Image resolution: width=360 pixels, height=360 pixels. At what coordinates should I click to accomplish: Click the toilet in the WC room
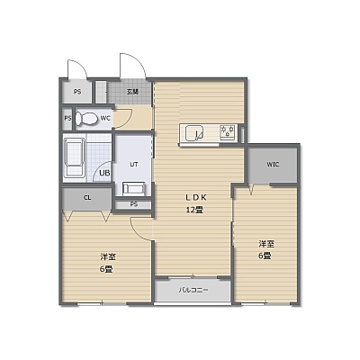(86, 119)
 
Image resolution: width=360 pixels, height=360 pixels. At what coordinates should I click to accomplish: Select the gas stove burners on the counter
(228, 132)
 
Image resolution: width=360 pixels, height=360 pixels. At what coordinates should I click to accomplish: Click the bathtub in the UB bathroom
(75, 158)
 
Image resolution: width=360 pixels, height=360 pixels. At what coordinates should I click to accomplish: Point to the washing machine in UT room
(134, 188)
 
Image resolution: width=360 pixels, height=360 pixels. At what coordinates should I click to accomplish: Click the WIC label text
(273, 165)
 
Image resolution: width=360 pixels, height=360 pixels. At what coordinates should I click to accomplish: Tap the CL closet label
(87, 198)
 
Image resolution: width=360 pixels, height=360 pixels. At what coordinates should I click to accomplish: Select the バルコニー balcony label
(193, 290)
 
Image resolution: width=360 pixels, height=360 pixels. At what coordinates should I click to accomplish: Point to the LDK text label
(195, 197)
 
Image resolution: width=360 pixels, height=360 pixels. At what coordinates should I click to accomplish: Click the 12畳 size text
(194, 210)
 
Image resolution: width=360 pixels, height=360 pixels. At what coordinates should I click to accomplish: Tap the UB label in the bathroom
(104, 173)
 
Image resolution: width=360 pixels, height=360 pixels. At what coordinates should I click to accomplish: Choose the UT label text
(134, 165)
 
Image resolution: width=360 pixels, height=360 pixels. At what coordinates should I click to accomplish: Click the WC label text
(105, 118)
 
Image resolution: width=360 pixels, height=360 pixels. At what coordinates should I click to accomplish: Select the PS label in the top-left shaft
(77, 92)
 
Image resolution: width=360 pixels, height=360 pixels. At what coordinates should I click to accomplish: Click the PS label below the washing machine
(134, 204)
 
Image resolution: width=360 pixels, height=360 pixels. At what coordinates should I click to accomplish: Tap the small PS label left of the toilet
(67, 118)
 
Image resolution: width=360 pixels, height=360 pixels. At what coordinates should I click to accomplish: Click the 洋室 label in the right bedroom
(266, 244)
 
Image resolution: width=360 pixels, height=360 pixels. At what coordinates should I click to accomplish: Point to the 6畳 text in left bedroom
(106, 269)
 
